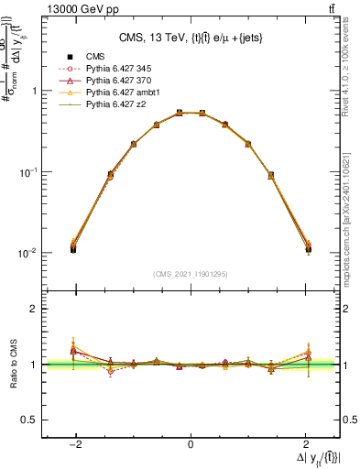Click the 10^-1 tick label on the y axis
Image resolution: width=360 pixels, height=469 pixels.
click(x=29, y=172)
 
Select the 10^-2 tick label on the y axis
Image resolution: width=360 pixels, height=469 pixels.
click(x=29, y=253)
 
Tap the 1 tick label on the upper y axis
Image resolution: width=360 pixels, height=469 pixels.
click(x=35, y=92)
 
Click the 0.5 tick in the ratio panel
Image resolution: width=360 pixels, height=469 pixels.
click(x=29, y=420)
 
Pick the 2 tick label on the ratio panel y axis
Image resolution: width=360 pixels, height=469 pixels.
click(x=35, y=310)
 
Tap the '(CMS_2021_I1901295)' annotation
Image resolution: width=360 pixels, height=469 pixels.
click(x=191, y=274)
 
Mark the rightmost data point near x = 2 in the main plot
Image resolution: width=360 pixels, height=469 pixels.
click(x=308, y=248)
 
